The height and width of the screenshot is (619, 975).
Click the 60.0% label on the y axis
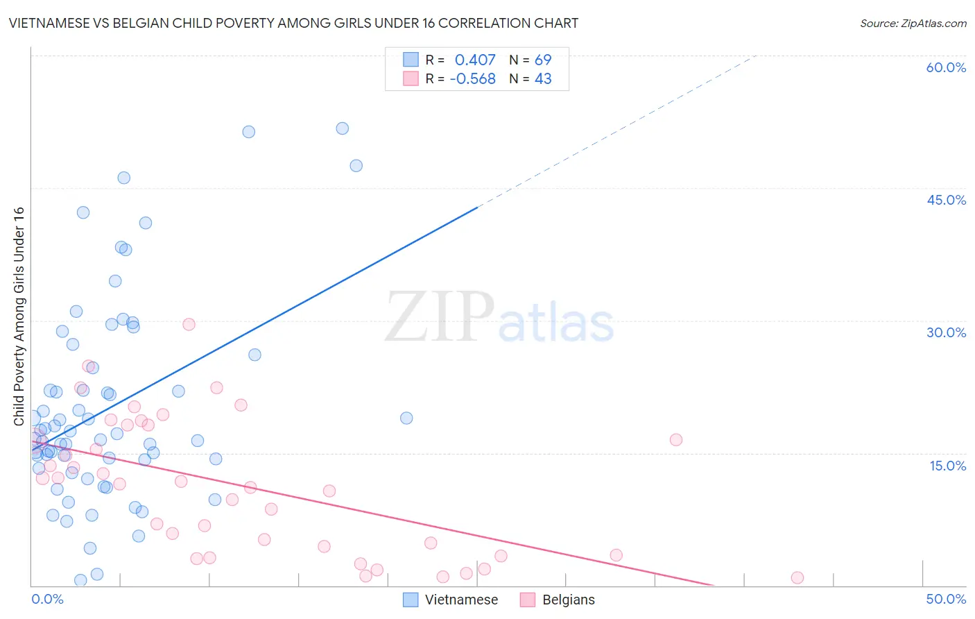946,67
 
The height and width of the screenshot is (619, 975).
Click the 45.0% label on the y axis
946,200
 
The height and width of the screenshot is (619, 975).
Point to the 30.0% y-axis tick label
946,332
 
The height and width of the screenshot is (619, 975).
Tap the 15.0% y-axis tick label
947,466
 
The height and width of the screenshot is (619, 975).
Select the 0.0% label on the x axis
47,599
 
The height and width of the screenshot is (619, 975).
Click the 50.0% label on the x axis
946,599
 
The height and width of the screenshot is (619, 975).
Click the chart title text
293,23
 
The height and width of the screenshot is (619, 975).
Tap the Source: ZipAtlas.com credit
913,23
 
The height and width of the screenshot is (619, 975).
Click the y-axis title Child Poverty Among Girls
19,316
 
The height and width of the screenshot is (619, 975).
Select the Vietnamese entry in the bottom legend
460,600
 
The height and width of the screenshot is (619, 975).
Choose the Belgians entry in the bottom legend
568,600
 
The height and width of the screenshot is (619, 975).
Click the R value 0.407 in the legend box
475,60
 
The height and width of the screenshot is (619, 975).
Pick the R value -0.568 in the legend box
472,79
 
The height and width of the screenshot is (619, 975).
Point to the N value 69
543,60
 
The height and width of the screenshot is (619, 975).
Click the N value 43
543,79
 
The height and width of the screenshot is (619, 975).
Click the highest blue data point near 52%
342,128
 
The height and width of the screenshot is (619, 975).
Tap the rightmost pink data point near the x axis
797,578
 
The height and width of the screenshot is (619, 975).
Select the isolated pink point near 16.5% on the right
676,440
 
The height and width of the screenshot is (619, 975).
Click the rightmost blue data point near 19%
406,418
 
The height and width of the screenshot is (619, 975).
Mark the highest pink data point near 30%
189,324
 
